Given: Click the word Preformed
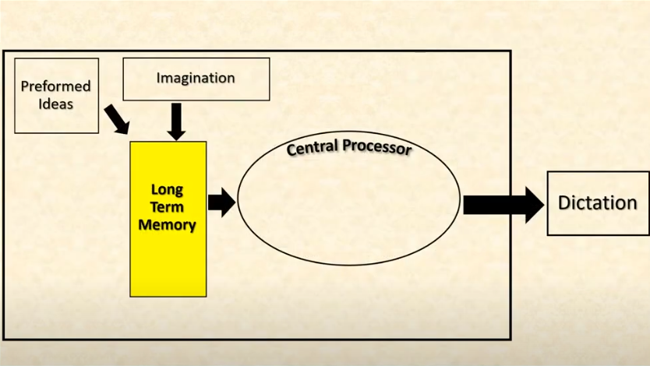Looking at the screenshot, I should (56, 86).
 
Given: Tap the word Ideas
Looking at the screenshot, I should (56, 103).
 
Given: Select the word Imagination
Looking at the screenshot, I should (195, 78).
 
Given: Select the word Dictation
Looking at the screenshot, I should (597, 203).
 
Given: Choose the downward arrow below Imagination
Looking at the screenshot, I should (177, 121).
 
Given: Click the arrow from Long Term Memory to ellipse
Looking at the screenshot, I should (221, 203).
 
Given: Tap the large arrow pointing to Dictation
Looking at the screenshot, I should (503, 205).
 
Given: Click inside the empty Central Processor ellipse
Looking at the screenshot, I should (348, 206).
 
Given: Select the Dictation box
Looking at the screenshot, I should (597, 222).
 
